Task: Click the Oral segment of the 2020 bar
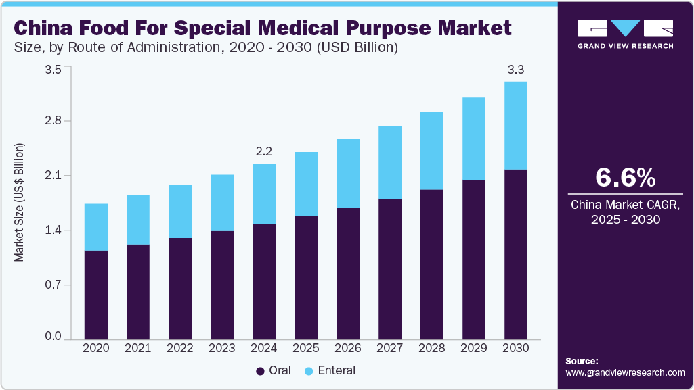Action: tap(95, 295)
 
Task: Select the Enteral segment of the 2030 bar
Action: tap(515, 126)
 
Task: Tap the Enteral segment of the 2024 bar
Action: tap(263, 193)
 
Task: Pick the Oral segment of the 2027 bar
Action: tap(389, 269)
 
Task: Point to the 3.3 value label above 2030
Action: tap(515, 69)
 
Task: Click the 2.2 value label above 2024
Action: tap(263, 151)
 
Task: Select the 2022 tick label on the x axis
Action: tap(179, 348)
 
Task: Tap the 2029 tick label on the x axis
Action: tap(473, 348)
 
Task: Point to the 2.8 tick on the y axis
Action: tap(53, 121)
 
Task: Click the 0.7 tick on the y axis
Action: tap(53, 285)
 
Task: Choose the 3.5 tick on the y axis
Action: tap(53, 69)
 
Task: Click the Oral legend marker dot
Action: tap(260, 371)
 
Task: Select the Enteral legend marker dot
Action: tap(308, 371)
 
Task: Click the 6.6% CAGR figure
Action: tap(625, 177)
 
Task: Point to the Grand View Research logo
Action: tap(625, 34)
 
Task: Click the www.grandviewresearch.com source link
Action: tap(625, 372)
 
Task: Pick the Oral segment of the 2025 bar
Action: tap(305, 278)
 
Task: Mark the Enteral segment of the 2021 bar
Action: tap(137, 220)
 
